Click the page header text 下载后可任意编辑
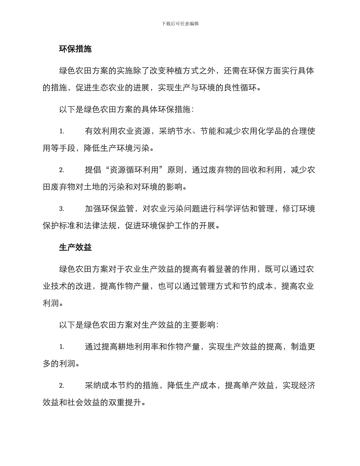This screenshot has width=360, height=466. [x=180, y=23]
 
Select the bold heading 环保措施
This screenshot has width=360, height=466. [x=75, y=49]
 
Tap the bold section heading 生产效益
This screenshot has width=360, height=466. [x=75, y=247]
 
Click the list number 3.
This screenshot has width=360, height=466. [x=61, y=209]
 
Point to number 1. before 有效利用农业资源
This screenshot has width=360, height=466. [x=61, y=131]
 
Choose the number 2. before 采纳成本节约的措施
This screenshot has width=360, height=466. [x=61, y=386]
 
